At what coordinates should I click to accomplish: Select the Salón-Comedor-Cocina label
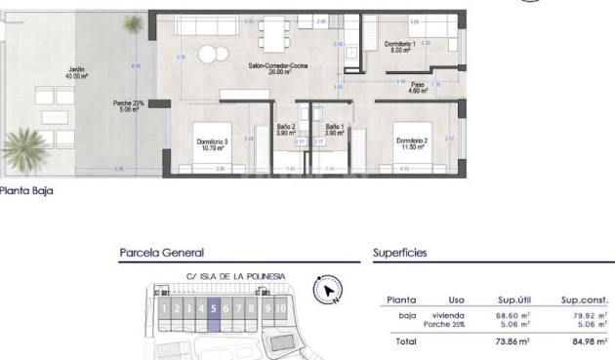pyautogui.click(x=278, y=68)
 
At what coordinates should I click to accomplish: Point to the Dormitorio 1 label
pyautogui.click(x=399, y=47)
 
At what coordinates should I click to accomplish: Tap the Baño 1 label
pyautogui.click(x=335, y=129)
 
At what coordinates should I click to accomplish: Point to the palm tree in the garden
pyautogui.click(x=21, y=149)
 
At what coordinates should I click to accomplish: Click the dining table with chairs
pyautogui.click(x=272, y=37)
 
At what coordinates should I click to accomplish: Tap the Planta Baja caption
pyautogui.click(x=26, y=191)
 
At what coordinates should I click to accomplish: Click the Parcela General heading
pyautogui.click(x=161, y=253)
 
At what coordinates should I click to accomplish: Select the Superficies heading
pyautogui.click(x=400, y=253)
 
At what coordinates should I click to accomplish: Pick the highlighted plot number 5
pyautogui.click(x=213, y=309)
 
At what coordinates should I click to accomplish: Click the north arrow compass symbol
pyautogui.click(x=327, y=290)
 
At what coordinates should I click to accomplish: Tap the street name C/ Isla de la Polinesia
pyautogui.click(x=235, y=276)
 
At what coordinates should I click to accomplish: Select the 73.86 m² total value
pyautogui.click(x=512, y=341)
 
